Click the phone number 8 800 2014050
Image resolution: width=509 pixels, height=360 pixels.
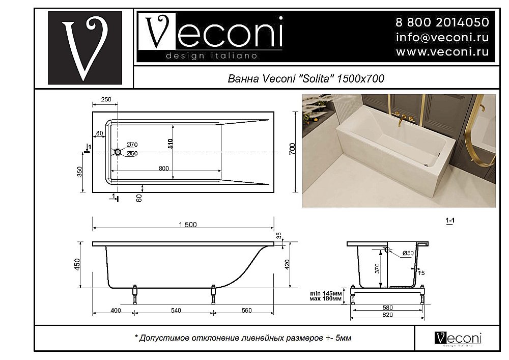pyautogui.click(x=442, y=22)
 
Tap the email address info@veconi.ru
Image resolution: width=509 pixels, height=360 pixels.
pyautogui.click(x=442, y=37)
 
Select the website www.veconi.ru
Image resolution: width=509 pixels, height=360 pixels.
pyautogui.click(x=442, y=52)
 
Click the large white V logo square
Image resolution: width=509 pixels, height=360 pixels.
pyautogui.click(x=84, y=48)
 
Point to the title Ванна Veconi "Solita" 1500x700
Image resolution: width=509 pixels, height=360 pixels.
pyautogui.click(x=304, y=79)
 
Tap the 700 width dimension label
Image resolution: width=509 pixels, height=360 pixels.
pyautogui.click(x=292, y=149)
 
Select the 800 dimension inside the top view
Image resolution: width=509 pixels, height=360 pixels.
pyautogui.click(x=163, y=167)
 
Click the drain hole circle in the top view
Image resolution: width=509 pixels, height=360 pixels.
pyautogui.click(x=118, y=152)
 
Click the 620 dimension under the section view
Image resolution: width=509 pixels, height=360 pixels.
pyautogui.click(x=388, y=315)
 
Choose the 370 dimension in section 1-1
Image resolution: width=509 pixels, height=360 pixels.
pyautogui.click(x=378, y=268)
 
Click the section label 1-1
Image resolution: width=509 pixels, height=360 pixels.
pyautogui.click(x=450, y=221)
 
